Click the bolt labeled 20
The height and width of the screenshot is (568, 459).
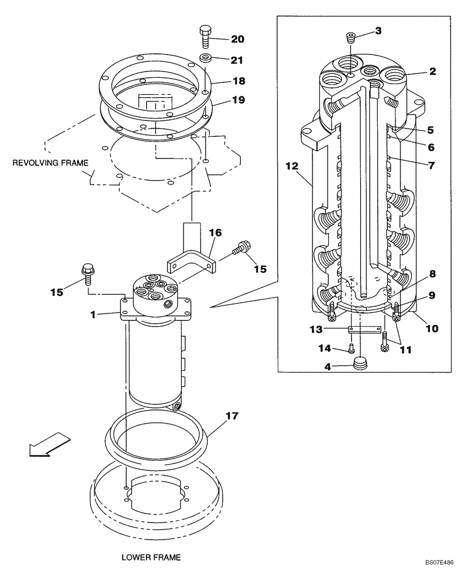(205, 37)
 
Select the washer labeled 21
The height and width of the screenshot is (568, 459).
(205, 58)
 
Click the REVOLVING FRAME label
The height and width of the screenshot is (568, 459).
(51, 163)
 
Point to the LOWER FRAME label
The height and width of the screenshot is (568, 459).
(151, 557)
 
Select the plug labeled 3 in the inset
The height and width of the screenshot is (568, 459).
(351, 39)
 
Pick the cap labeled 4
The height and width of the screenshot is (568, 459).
(360, 364)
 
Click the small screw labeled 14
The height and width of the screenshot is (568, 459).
(352, 348)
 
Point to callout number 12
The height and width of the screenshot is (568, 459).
(291, 166)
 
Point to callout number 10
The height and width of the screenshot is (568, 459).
(432, 328)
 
